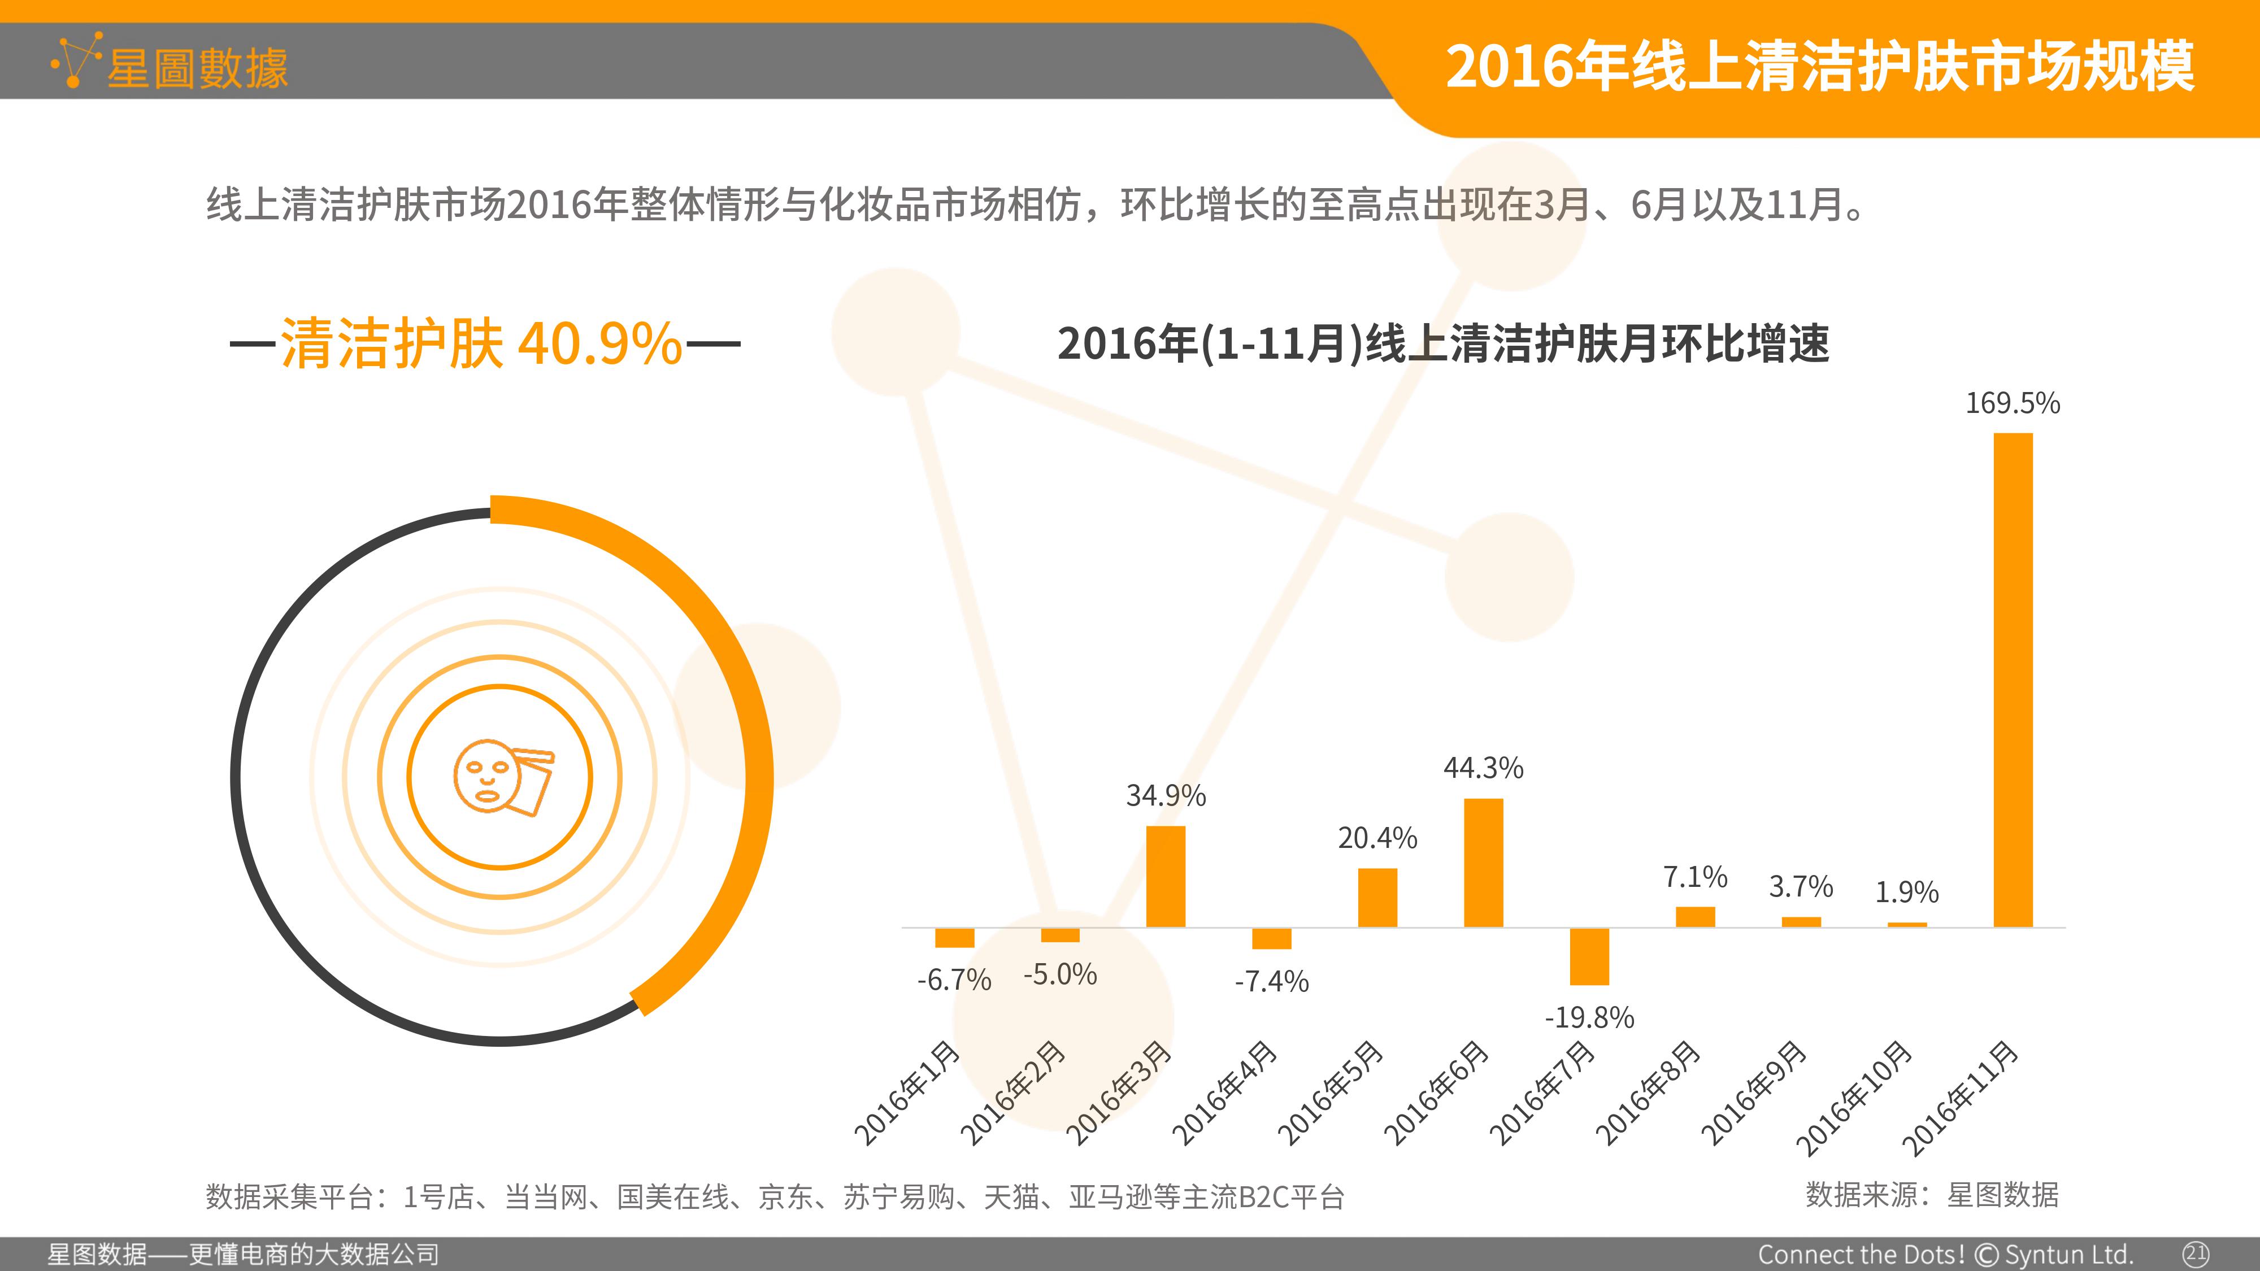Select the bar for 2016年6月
pos(1484,862)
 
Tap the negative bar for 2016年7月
pos(1590,956)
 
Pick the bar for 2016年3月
pos(1166,876)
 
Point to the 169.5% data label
pos(2013,403)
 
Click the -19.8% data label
pos(1590,1017)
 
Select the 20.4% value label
pos(1377,838)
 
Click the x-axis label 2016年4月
pos(1225,1093)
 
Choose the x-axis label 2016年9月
pos(1755,1093)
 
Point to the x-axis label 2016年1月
pos(907,1093)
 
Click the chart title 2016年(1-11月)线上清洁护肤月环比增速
pos(1443,343)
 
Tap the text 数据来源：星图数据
pos(1932,1195)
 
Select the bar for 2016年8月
pos(1695,917)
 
